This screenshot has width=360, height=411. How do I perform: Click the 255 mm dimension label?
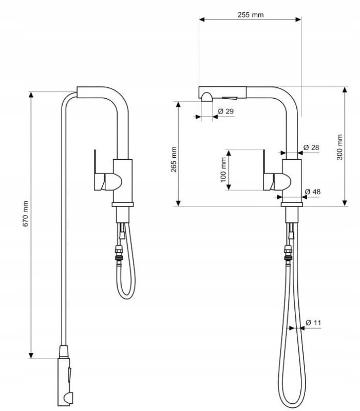(x=251, y=14)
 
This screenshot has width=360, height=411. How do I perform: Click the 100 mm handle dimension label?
(x=223, y=170)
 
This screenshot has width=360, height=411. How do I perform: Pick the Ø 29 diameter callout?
(x=226, y=111)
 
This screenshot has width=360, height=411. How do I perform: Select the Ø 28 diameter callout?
(x=311, y=147)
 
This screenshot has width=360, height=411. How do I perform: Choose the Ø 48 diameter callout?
(x=312, y=192)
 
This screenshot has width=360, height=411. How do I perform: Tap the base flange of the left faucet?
(x=123, y=205)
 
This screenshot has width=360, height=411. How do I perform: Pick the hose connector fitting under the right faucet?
(x=289, y=253)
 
